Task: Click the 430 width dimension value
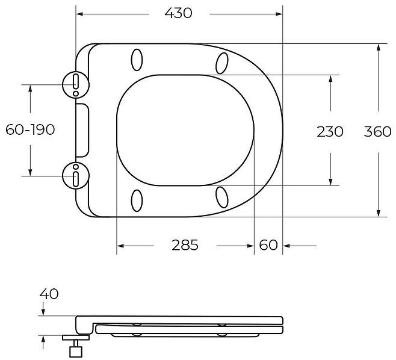coord(178,13)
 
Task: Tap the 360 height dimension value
coord(378,131)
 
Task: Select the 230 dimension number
coord(330,131)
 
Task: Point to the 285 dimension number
coord(185,246)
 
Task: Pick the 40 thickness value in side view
coord(49,294)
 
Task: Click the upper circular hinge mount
coord(75,84)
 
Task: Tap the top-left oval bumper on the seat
coord(137,60)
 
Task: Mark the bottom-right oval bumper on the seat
coord(222,197)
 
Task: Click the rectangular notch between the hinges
coord(83,130)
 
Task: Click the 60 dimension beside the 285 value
coord(268,246)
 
